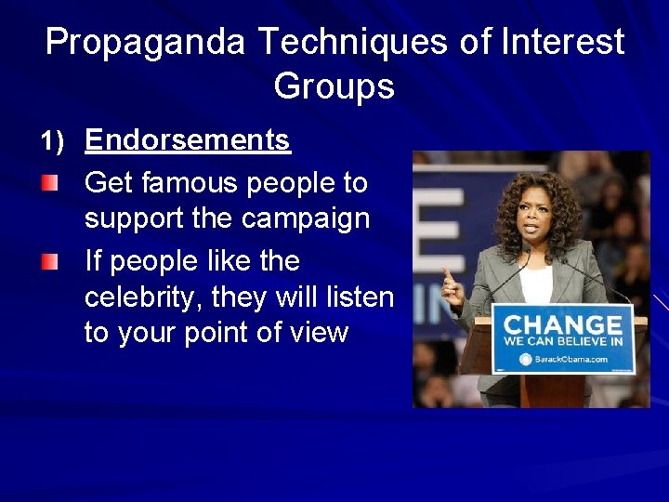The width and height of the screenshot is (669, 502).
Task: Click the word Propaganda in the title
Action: pos(146,43)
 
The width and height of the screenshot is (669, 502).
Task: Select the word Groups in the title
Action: pos(334,86)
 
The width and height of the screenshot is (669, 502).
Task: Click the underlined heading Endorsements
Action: pos(188,140)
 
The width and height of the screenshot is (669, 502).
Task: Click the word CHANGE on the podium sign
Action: pos(562,325)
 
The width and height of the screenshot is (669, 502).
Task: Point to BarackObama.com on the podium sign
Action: pos(571,359)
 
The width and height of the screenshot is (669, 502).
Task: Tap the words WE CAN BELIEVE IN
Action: pos(562,342)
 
